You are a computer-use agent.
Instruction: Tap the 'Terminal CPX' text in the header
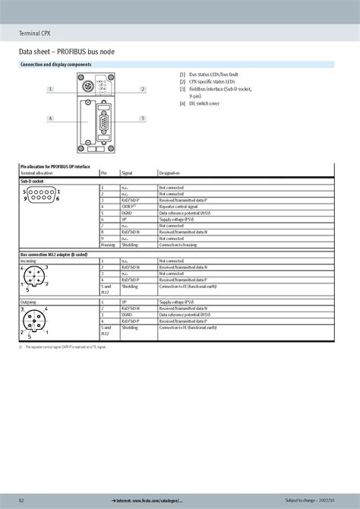[36, 32]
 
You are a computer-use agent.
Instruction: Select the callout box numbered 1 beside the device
[51, 90]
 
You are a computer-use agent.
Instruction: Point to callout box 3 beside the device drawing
[142, 119]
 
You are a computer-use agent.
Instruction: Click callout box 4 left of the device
[51, 119]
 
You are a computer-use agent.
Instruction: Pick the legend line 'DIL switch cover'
[204, 103]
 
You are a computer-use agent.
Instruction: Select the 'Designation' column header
[169, 173]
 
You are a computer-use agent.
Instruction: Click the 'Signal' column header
[127, 173]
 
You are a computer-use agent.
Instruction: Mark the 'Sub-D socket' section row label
[33, 181]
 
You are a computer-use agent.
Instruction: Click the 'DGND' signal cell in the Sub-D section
[128, 213]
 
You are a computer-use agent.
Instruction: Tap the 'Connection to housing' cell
[178, 245]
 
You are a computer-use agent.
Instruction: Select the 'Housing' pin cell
[107, 245]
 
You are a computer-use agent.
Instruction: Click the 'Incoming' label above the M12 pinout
[28, 260]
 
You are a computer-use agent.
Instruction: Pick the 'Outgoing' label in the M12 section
[28, 302]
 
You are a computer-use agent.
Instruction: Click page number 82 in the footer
[21, 501]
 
